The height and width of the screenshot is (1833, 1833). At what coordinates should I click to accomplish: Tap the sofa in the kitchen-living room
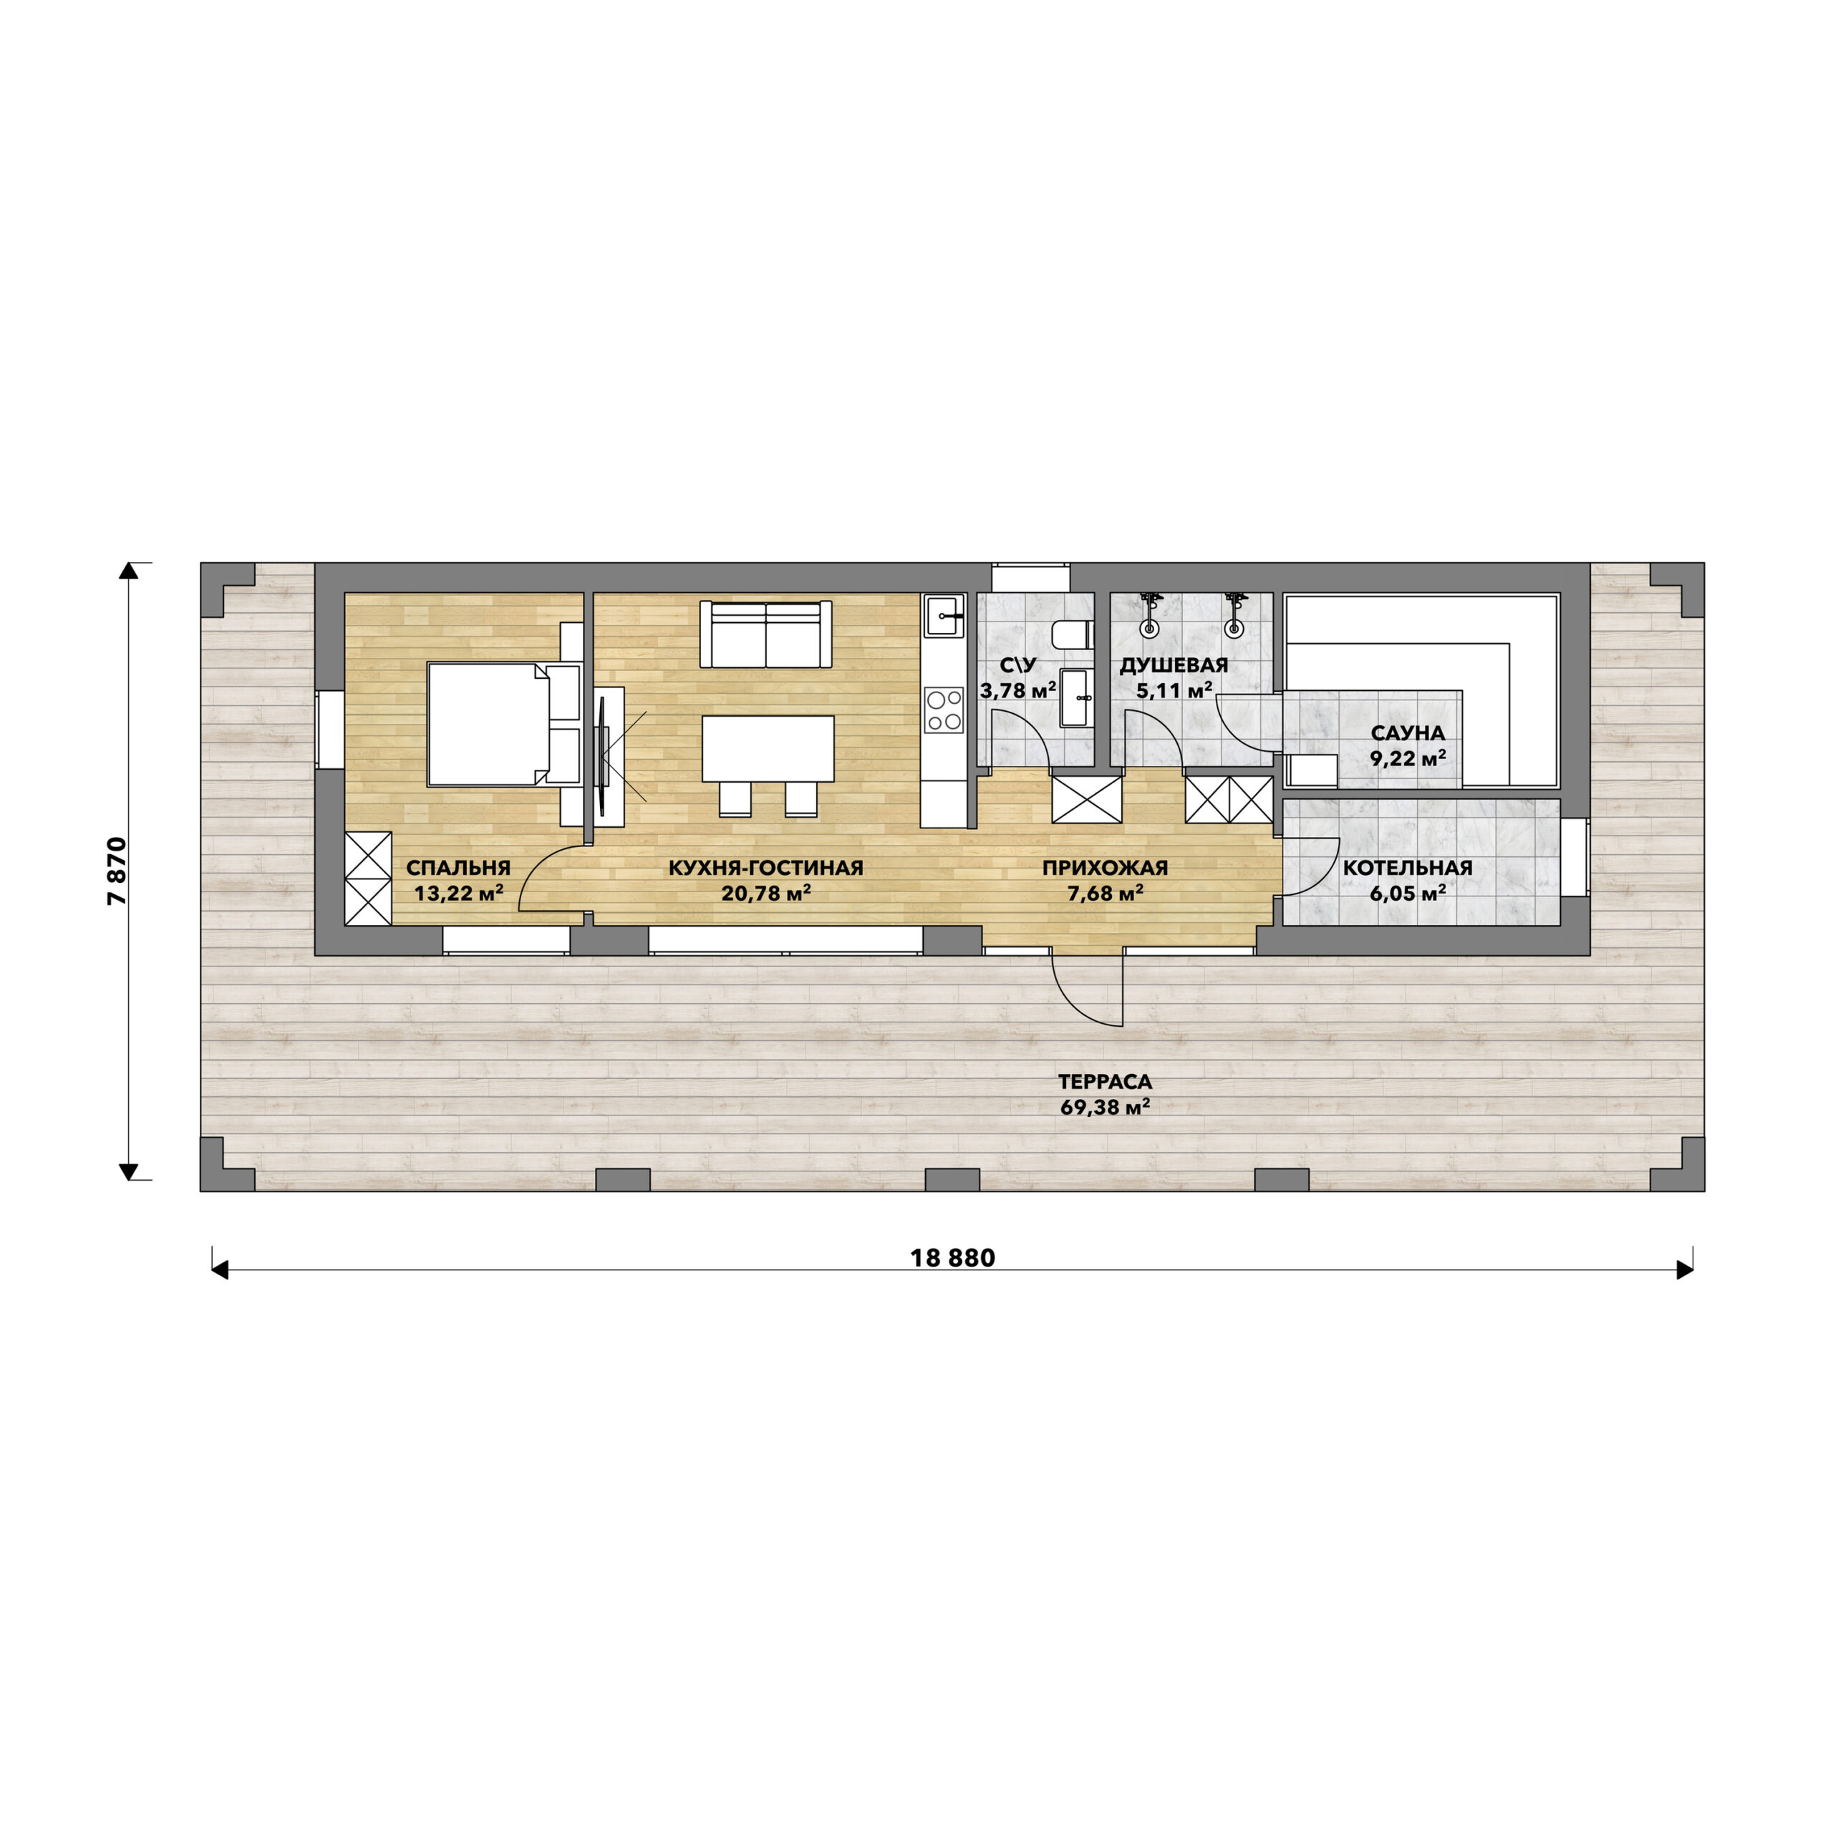tap(765, 634)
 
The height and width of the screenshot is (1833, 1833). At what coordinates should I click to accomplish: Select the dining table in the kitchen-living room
tap(768, 748)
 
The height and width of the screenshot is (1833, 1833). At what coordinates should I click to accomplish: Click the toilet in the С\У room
tap(1074, 634)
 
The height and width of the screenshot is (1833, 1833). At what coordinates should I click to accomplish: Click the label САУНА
tap(1408, 733)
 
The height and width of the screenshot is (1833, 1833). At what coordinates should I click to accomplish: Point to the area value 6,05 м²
tap(1408, 892)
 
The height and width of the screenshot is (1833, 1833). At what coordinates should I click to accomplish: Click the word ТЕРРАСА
tap(1106, 1082)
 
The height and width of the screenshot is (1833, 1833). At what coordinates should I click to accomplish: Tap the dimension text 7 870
tap(117, 871)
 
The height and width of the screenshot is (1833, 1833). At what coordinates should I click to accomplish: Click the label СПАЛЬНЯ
tap(458, 868)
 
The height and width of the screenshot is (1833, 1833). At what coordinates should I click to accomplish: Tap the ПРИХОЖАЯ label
tap(1106, 868)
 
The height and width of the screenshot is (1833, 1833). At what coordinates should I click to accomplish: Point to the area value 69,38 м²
tap(1106, 1106)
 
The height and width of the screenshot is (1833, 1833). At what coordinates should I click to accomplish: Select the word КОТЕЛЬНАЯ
tap(1408, 868)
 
